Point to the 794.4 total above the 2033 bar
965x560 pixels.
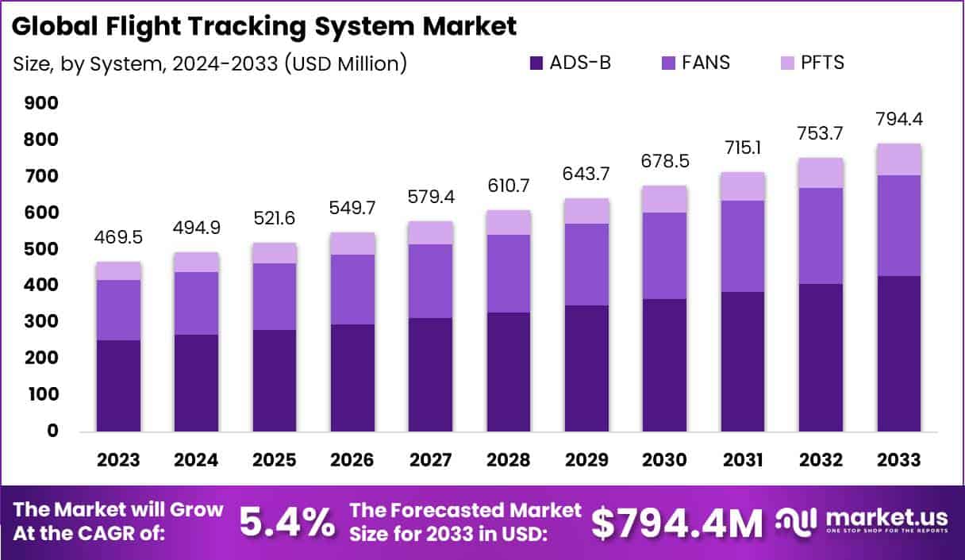tap(898, 120)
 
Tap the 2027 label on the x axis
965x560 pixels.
tap(431, 460)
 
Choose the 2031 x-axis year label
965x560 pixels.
tap(743, 460)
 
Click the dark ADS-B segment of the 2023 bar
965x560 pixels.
tap(119, 385)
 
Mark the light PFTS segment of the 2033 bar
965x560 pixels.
tap(898, 159)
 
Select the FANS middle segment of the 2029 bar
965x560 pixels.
tap(587, 264)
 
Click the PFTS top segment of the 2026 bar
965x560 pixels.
tap(353, 244)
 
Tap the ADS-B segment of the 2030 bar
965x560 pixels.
tap(665, 365)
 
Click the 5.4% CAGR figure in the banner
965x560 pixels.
tap(287, 522)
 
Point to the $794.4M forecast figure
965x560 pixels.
tap(677, 522)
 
